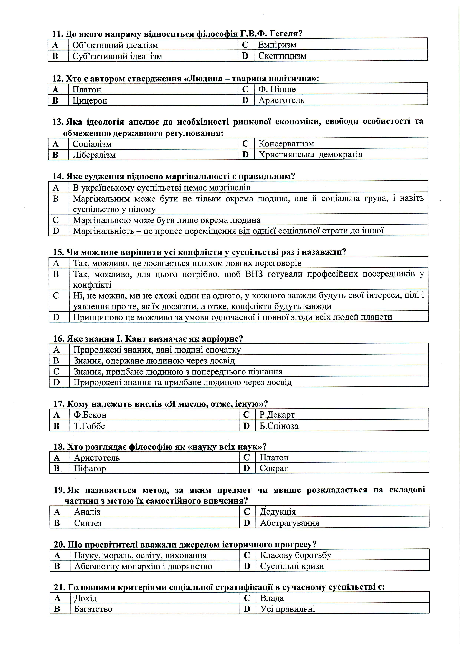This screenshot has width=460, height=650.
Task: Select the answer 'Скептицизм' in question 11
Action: pos(282,56)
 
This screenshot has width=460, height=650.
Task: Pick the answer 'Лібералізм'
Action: pos(94,155)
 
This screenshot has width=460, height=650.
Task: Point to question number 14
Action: pos(58,177)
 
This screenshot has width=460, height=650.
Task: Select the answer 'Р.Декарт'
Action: pos(277,415)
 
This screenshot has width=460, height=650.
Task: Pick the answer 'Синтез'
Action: pos(88,523)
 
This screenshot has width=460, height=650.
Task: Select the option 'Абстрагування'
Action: pos(289,523)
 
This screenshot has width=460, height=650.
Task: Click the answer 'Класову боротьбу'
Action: pos(295,555)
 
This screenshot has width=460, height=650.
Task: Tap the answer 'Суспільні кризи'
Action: pos(292,566)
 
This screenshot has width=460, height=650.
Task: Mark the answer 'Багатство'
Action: pos(93,609)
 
